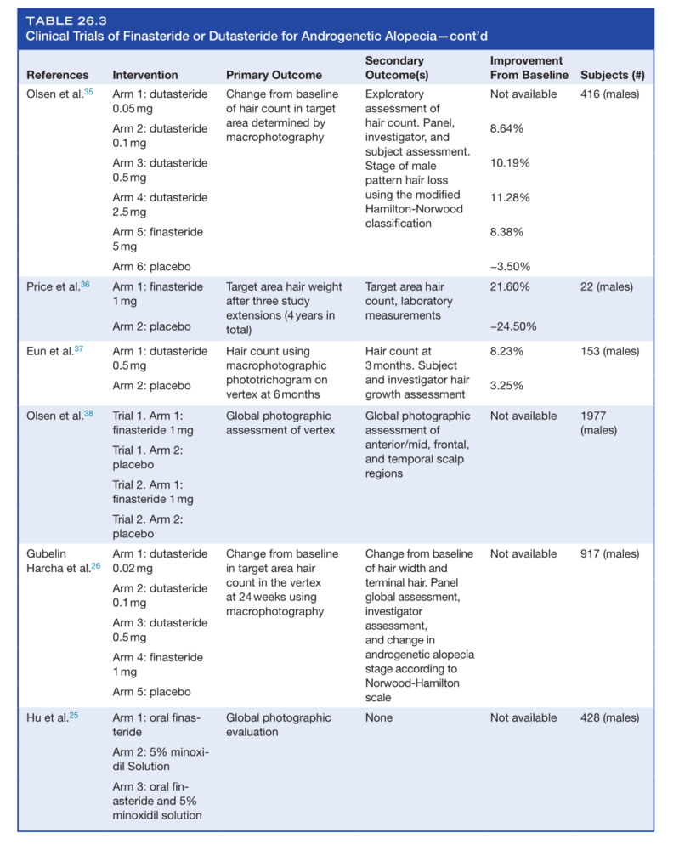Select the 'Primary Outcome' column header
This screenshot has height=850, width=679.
click(274, 75)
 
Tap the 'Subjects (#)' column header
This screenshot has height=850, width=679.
click(612, 75)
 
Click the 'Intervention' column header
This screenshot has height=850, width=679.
click(145, 75)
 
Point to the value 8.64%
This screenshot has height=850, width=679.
click(506, 128)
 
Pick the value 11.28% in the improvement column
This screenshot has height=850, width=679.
click(510, 197)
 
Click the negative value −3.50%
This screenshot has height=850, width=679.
click(510, 266)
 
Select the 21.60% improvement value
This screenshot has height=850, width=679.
click(510, 286)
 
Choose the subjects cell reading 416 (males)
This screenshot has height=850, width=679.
click(609, 94)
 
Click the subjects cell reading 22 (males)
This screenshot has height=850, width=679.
click(606, 286)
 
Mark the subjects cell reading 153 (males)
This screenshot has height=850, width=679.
click(609, 351)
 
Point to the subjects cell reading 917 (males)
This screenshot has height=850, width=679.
click(609, 553)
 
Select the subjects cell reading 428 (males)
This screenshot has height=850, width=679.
click(609, 717)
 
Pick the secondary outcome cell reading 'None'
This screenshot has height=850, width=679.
click(379, 717)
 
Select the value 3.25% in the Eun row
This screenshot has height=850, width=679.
click(506, 385)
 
